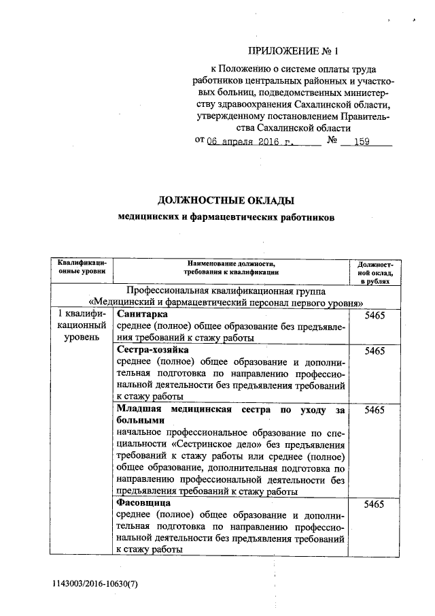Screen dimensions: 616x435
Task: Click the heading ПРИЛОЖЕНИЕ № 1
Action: click(x=292, y=51)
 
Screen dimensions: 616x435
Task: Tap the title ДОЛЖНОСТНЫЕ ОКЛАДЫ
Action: click(x=226, y=200)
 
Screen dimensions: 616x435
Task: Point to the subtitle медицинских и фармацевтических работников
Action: click(x=226, y=217)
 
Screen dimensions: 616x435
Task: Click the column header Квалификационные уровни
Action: click(x=82, y=267)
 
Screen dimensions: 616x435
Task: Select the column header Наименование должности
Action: click(x=230, y=267)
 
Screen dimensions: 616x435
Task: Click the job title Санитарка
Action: click(x=142, y=314)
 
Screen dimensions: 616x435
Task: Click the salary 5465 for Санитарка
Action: click(x=375, y=316)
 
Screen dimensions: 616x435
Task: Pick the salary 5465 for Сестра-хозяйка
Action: click(x=375, y=351)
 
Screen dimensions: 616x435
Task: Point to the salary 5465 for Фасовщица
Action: click(x=375, y=504)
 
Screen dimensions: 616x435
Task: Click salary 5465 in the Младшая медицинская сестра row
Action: click(x=375, y=410)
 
